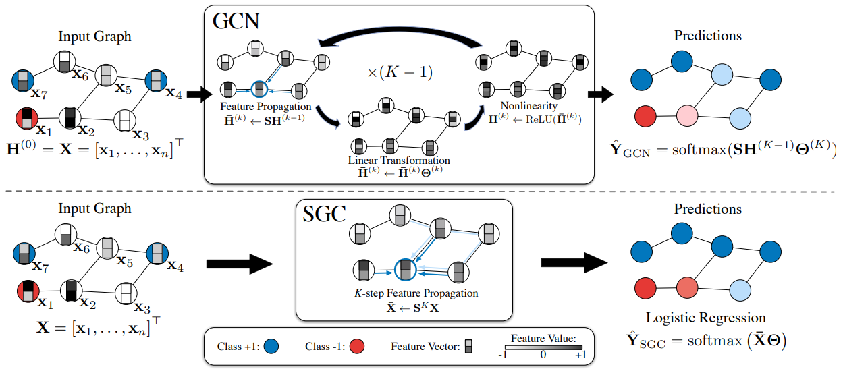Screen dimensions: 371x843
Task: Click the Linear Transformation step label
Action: click(398, 161)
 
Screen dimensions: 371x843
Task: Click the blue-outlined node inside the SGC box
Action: click(404, 269)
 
